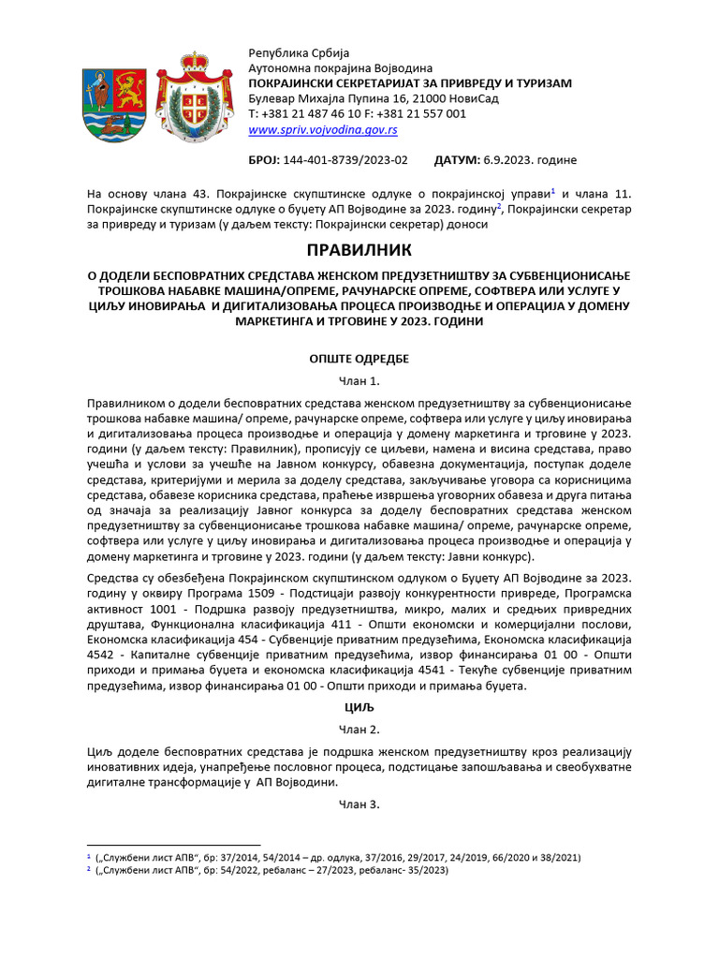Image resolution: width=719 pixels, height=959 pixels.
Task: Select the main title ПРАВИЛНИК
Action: coord(359,251)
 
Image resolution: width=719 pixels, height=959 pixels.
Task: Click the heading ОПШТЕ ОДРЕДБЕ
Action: coord(359,359)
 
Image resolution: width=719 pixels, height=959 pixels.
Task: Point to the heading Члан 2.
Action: coord(359,730)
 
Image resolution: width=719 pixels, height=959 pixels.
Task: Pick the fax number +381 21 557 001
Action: coord(421,113)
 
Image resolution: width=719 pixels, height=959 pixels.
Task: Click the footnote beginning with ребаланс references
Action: coord(271,870)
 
